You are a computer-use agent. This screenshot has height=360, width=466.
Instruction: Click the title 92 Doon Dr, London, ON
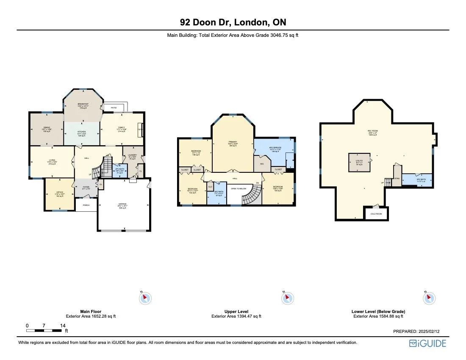233,22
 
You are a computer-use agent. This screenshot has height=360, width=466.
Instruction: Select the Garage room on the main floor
124,206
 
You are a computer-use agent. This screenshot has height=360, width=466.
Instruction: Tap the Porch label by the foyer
86,205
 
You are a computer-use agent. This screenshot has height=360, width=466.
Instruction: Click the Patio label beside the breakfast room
114,108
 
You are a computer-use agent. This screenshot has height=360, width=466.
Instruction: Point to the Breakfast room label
83,105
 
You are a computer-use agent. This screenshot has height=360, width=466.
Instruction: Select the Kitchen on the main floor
81,133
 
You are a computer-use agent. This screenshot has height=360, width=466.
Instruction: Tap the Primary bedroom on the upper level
233,143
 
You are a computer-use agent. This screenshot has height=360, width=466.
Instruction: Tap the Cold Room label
376,214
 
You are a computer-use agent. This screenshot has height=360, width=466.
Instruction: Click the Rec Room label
372,132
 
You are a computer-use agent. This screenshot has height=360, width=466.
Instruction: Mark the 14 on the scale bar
63,325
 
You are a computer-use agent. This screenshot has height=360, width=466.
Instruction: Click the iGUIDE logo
427,343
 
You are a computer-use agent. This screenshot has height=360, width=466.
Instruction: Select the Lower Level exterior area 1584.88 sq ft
378,316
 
